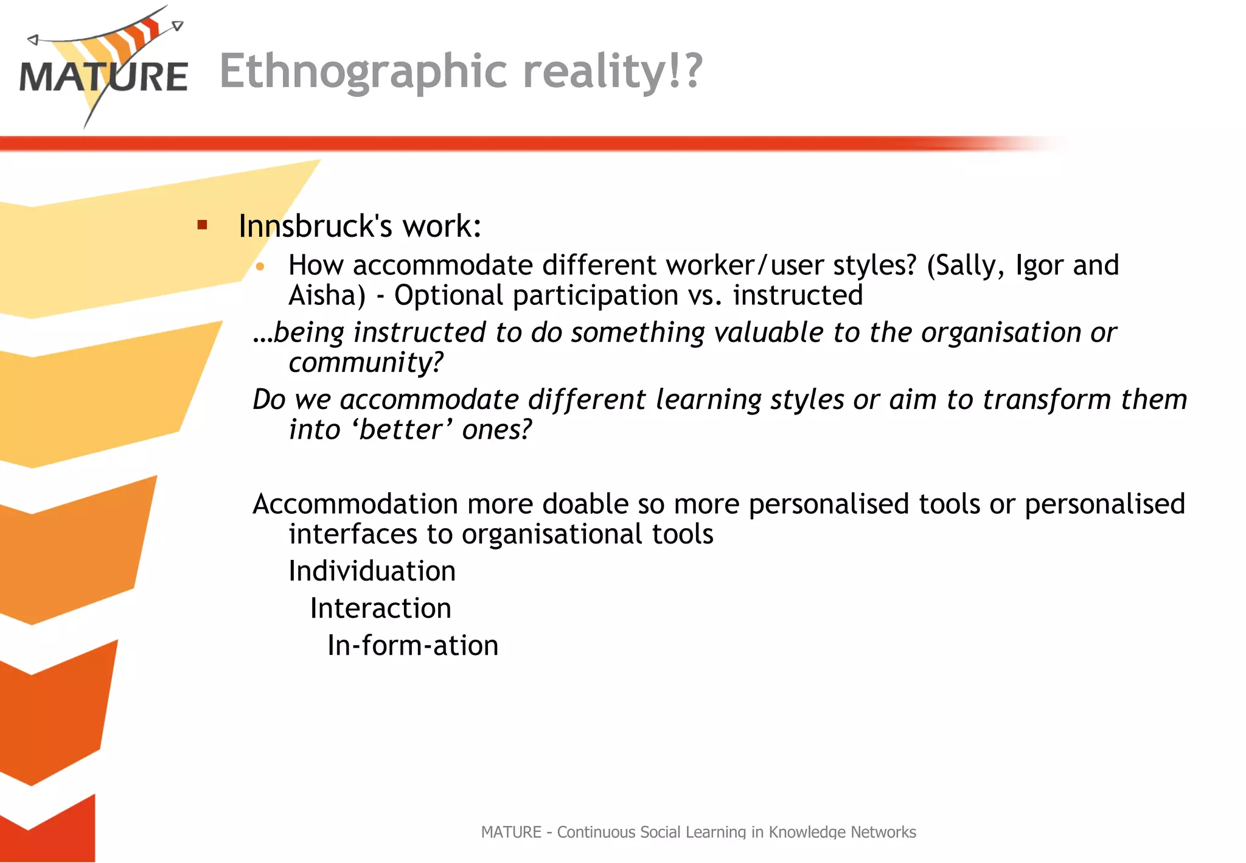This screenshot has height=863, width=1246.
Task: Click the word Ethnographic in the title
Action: tap(363, 72)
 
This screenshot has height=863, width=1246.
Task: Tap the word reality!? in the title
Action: tap(613, 72)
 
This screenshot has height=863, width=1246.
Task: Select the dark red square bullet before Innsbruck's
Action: tap(203, 226)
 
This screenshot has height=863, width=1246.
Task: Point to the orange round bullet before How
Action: tap(260, 267)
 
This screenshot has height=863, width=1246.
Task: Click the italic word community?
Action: tap(366, 363)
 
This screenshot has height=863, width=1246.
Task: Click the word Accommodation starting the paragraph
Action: tap(356, 505)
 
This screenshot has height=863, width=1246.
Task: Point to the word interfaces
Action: tap(353, 535)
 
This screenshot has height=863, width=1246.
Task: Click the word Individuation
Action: tap(372, 571)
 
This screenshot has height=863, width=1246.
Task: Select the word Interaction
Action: tap(380, 609)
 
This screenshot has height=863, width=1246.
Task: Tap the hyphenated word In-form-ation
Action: tap(412, 646)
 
